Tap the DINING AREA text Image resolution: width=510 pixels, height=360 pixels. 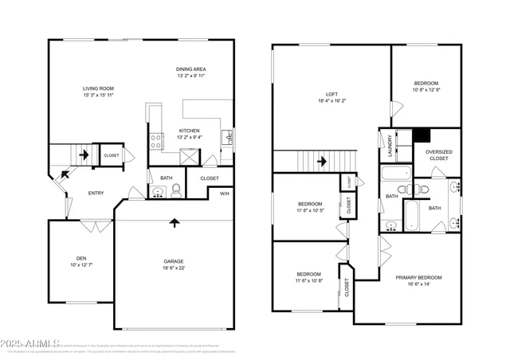(190, 70)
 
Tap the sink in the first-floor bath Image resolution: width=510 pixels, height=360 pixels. (157, 190)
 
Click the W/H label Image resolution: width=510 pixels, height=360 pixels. (225, 193)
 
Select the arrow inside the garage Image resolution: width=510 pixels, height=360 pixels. (174, 223)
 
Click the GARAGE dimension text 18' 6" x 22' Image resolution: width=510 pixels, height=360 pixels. (174, 268)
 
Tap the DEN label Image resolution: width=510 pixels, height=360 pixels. (81, 258)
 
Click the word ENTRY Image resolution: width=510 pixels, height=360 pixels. (96, 193)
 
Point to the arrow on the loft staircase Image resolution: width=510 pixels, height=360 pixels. (322, 161)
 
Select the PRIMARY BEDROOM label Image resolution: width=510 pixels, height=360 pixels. (418, 277)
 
